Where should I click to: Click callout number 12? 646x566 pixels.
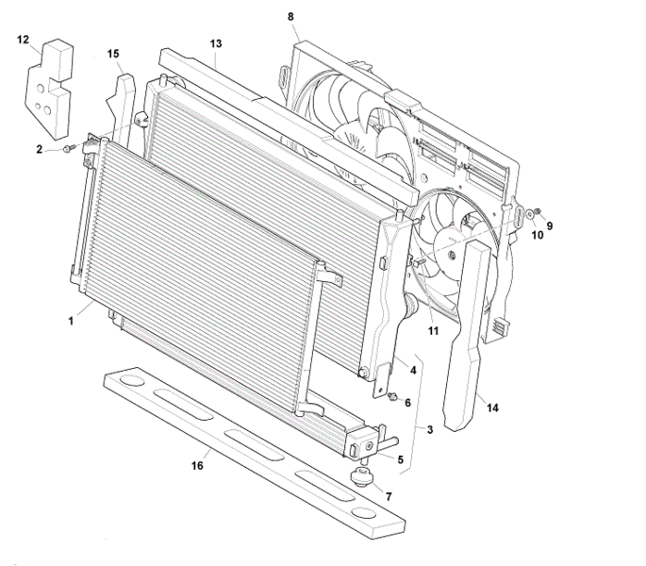click(24, 40)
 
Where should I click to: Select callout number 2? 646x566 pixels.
click(40, 149)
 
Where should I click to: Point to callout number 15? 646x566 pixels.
click(113, 54)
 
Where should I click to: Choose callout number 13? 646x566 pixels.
click(216, 44)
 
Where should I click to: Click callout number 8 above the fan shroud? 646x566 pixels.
click(290, 17)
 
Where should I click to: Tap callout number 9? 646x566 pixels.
click(550, 225)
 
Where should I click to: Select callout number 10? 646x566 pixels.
click(538, 235)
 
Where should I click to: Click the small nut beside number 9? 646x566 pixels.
click(535, 211)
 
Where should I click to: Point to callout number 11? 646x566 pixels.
click(434, 330)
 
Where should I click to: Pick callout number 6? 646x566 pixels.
click(407, 403)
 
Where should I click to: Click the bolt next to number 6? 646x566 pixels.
click(392, 396)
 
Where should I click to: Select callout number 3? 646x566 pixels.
click(429, 431)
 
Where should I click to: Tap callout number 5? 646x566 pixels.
click(401, 459)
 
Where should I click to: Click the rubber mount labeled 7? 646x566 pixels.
click(360, 474)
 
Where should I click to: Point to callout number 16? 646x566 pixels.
click(199, 466)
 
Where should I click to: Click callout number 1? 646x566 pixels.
click(71, 321)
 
